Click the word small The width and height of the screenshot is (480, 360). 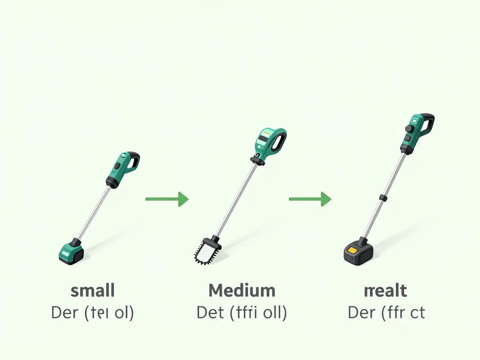pyautogui.click(x=92, y=291)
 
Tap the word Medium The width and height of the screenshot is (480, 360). pyautogui.click(x=242, y=291)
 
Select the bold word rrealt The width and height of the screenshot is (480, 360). pyautogui.click(x=385, y=291)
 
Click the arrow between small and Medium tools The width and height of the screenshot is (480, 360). pyautogui.click(x=167, y=199)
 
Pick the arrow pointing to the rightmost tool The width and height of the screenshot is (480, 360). pyautogui.click(x=310, y=199)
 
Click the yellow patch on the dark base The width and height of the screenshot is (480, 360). pyautogui.click(x=353, y=251)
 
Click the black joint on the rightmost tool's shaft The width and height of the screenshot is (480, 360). pyautogui.click(x=383, y=198)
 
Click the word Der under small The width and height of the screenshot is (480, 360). pyautogui.click(x=64, y=312)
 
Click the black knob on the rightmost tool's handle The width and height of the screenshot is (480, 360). pyautogui.click(x=409, y=128)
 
